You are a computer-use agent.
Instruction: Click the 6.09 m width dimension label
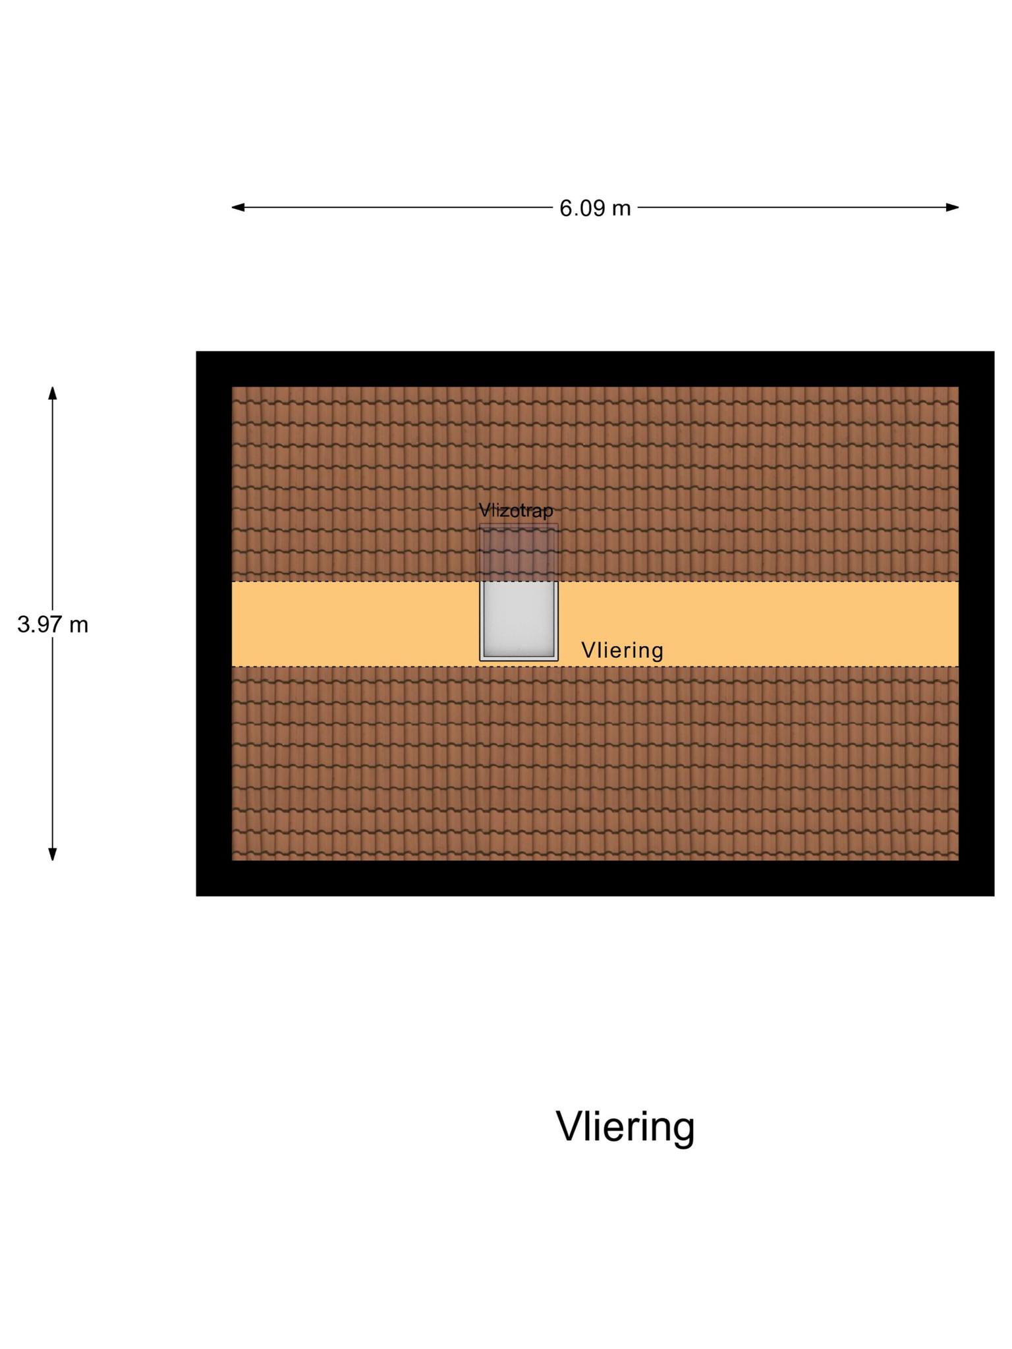595,208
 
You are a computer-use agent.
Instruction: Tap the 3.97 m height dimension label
53,624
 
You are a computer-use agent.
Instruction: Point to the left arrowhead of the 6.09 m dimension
238,207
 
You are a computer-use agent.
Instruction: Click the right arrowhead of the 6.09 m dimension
952,207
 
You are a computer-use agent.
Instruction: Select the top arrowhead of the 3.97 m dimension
53,393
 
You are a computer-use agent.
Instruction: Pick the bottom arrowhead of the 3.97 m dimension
53,854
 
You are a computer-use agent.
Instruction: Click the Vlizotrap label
516,510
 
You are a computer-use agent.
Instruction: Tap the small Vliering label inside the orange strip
622,651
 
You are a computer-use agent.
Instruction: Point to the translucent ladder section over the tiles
519,553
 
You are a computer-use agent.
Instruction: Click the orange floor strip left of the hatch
355,624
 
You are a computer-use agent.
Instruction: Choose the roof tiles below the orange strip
595,763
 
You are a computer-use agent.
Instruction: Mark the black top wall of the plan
595,369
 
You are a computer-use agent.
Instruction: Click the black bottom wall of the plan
595,878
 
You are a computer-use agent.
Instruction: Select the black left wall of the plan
214,623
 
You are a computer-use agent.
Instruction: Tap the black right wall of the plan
976,623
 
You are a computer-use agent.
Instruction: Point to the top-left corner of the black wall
196,351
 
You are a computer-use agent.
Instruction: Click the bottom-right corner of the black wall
994,896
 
